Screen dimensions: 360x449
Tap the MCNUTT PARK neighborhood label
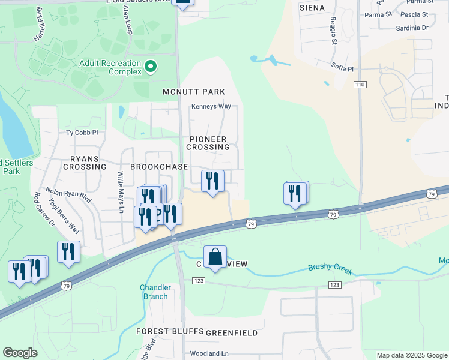[194, 92]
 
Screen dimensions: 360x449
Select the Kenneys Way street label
[211, 106]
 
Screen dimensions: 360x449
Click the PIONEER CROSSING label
[208, 143]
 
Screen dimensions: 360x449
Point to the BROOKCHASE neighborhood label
[159, 166]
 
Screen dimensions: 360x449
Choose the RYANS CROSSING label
[85, 163]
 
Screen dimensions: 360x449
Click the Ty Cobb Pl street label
[82, 132]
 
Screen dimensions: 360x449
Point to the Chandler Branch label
[156, 292]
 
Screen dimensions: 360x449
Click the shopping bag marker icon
[215, 257]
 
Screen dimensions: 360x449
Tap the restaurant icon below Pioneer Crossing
[212, 181]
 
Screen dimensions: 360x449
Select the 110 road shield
[360, 85]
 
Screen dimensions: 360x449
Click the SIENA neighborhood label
[312, 8]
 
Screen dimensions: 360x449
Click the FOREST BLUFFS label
[169, 332]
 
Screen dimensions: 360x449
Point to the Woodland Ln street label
[209, 354]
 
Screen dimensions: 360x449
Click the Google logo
[20, 353]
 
